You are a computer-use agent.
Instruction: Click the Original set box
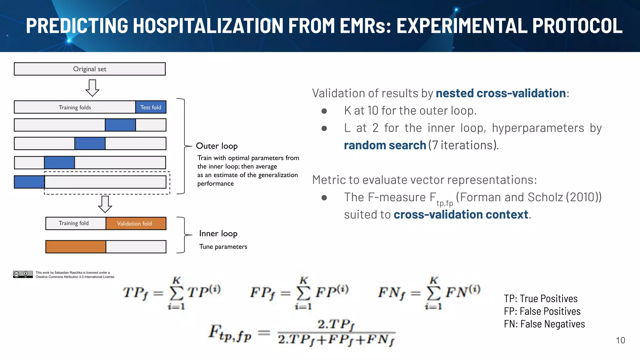tap(90, 69)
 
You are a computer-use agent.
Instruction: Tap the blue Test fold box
tap(151, 107)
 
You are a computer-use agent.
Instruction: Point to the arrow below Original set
tap(92, 88)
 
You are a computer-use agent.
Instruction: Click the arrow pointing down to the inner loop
tap(105, 204)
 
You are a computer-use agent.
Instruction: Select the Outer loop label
tap(217, 146)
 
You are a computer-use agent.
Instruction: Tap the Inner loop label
tap(218, 233)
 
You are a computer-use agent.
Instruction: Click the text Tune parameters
tap(223, 247)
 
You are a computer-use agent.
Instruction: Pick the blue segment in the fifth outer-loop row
tap(29, 182)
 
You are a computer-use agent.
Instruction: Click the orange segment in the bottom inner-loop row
tap(76, 247)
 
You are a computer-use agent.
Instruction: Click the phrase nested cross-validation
tap(501, 93)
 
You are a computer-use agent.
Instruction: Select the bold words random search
tap(385, 145)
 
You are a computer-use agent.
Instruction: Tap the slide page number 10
tap(620, 340)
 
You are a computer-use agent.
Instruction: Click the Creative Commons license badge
tap(23, 274)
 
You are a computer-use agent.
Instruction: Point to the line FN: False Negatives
tap(544, 324)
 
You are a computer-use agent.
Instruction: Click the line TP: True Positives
tap(541, 298)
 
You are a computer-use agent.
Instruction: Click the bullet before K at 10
tap(324, 111)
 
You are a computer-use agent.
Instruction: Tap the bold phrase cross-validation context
tap(461, 215)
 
